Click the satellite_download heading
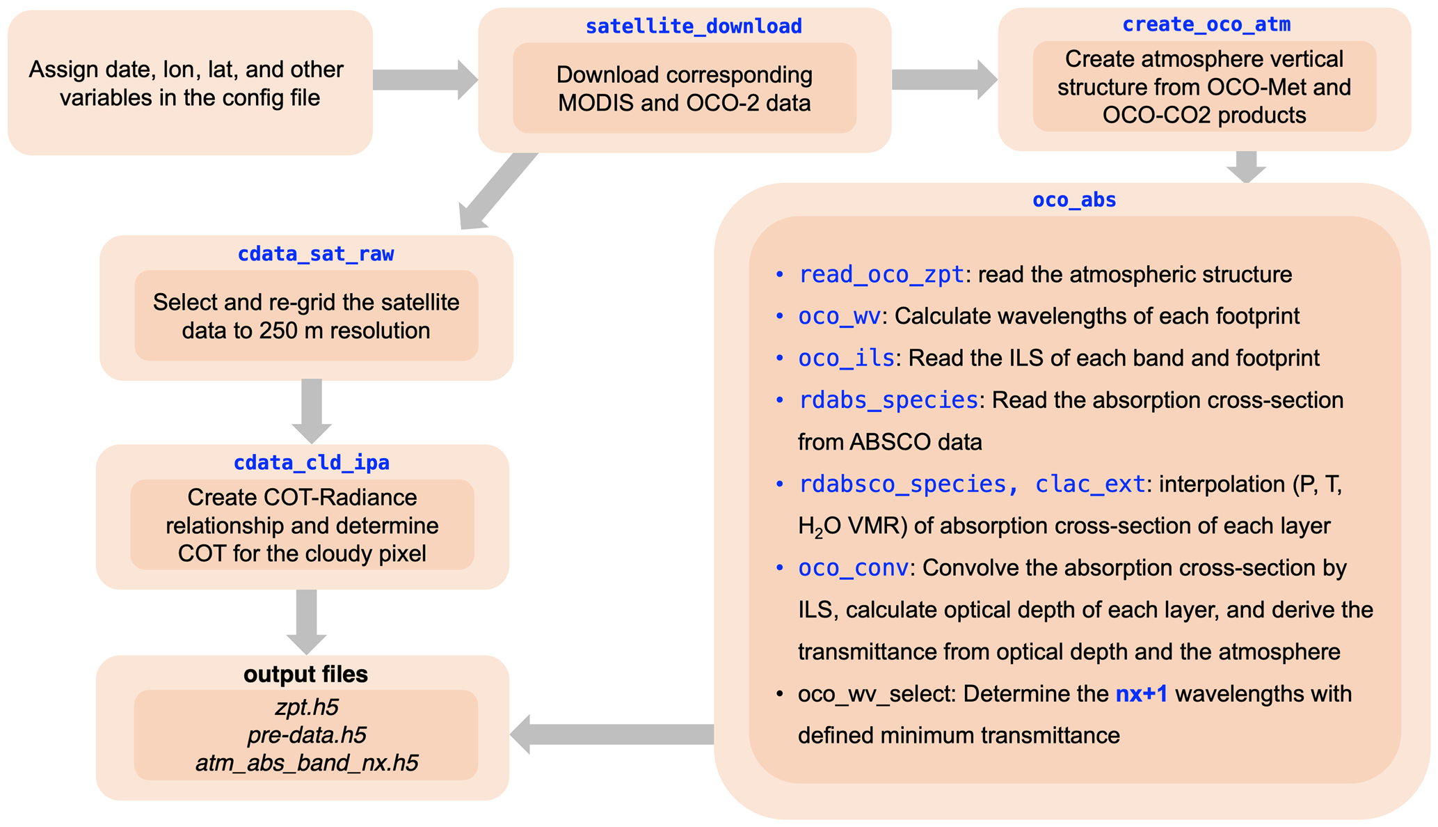(x=694, y=26)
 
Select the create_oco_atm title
(x=1206, y=24)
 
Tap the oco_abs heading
(x=1074, y=200)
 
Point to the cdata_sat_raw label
(x=316, y=254)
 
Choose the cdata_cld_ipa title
(x=311, y=463)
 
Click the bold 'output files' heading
(x=305, y=674)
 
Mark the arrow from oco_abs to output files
(x=612, y=734)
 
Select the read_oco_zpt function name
(x=881, y=275)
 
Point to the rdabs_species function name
(x=888, y=400)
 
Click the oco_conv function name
(x=853, y=568)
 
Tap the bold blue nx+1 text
(x=1141, y=694)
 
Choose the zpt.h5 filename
(x=306, y=707)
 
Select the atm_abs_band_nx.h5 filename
(x=306, y=764)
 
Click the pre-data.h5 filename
(x=306, y=735)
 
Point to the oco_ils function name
(x=846, y=359)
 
